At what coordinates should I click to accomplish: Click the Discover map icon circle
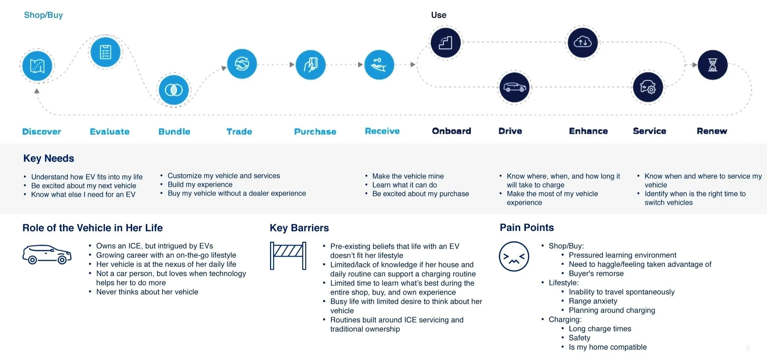(x=37, y=66)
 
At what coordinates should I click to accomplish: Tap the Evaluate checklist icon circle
(x=106, y=52)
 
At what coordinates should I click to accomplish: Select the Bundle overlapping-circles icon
(x=174, y=90)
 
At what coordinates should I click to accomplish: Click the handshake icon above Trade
(x=242, y=64)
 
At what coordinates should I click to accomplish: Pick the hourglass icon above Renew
(x=712, y=65)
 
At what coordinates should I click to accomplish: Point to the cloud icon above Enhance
(x=583, y=42)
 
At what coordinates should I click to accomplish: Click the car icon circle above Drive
(x=515, y=87)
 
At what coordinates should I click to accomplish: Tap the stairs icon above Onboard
(x=445, y=43)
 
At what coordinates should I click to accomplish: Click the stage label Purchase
(x=315, y=132)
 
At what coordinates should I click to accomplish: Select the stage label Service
(x=649, y=131)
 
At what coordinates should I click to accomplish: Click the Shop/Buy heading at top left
(x=43, y=15)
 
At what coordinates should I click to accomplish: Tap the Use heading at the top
(x=438, y=15)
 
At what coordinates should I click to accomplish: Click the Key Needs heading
(x=49, y=158)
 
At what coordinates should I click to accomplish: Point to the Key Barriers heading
(x=299, y=228)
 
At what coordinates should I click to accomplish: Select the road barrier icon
(x=288, y=256)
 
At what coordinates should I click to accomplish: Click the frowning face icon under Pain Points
(x=514, y=256)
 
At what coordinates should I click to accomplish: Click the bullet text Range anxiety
(x=593, y=301)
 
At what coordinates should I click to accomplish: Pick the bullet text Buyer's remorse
(x=596, y=273)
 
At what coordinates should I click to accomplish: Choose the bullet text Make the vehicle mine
(x=408, y=176)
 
